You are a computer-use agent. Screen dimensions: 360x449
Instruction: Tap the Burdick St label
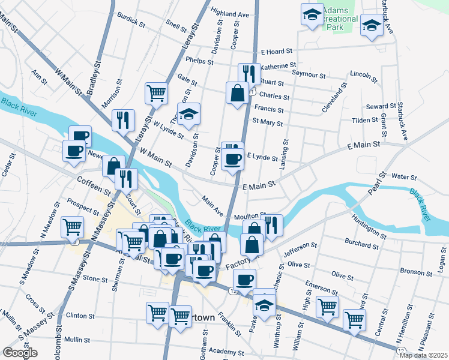(x=132, y=21)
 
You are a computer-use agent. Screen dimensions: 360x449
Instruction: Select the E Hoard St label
(x=276, y=52)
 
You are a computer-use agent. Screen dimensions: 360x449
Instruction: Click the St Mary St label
(x=267, y=122)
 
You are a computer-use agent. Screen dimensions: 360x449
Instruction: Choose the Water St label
(x=403, y=177)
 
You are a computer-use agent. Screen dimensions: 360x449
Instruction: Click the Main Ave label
(x=212, y=207)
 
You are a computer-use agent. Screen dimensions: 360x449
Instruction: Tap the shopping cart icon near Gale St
(x=156, y=93)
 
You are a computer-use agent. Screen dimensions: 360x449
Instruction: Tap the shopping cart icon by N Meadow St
(x=72, y=227)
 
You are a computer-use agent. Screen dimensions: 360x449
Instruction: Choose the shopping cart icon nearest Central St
(x=354, y=319)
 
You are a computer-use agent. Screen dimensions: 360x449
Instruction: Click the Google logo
(x=20, y=353)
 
